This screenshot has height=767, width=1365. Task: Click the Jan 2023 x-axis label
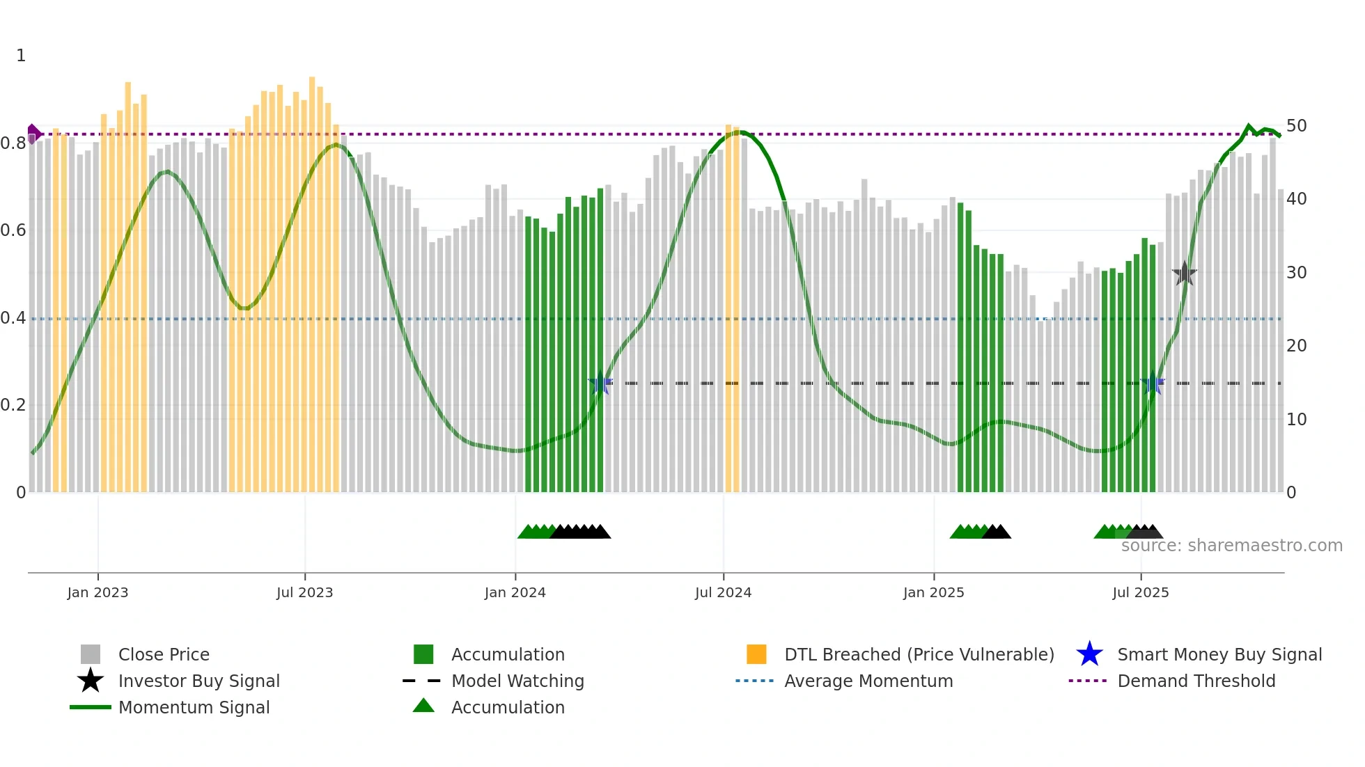97,592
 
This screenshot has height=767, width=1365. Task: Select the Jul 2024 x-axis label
723,592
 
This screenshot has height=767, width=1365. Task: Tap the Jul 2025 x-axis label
1140,592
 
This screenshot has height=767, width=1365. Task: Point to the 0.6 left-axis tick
13,230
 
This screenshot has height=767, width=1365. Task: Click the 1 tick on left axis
21,56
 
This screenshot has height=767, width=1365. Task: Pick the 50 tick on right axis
1296,126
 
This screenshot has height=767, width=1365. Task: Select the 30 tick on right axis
1296,273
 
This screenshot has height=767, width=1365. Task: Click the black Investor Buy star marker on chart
1184,274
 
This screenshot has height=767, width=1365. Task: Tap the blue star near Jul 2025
1153,383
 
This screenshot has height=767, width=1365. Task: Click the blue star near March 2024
600,383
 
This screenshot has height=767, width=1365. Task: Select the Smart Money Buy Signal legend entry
1219,654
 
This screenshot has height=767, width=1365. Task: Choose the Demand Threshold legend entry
1196,681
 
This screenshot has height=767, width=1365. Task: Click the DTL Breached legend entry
919,654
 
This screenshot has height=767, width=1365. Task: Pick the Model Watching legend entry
517,681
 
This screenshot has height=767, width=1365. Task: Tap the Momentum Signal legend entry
194,707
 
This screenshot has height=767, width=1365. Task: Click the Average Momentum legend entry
868,681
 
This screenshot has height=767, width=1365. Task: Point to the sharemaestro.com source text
1231,546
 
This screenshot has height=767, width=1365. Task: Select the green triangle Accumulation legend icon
423,706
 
